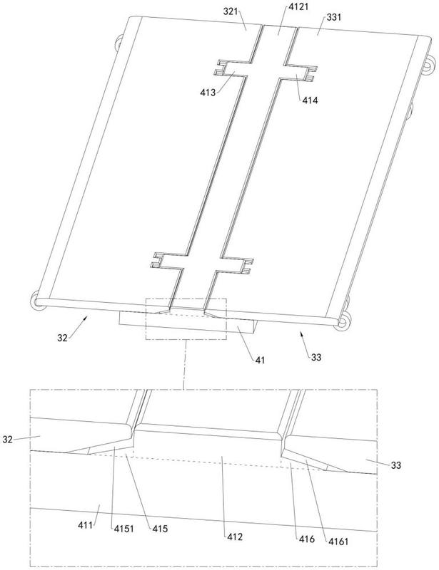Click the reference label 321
[231, 11]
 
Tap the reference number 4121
[297, 6]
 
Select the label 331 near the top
[334, 17]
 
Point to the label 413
[208, 93]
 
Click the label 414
[310, 100]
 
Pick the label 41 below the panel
[260, 360]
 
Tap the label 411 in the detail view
[85, 525]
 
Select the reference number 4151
[124, 529]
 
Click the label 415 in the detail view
[161, 528]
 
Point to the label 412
[235, 537]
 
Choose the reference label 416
[307, 539]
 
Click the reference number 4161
[338, 541]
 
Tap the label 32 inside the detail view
[7, 440]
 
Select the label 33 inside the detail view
[396, 465]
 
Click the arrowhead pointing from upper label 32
[85, 318]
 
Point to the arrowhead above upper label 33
[302, 333]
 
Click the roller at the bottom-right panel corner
[343, 321]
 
